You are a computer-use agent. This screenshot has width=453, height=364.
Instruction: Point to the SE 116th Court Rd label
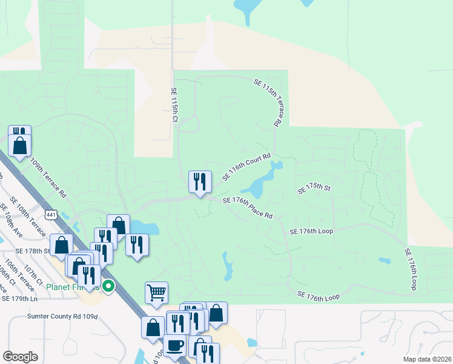245,166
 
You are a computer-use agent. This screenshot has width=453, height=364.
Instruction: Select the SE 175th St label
314,189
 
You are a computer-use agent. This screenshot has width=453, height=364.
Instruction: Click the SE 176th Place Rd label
248,207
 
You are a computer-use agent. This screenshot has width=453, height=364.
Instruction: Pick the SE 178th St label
32,251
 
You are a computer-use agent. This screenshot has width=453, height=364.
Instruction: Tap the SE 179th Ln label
19,298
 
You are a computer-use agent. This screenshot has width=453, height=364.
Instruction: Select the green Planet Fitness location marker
108,286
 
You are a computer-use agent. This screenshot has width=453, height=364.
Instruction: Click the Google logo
20,356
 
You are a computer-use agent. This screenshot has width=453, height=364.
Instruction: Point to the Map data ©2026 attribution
426,359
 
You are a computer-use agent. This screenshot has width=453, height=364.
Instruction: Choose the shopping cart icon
156,293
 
